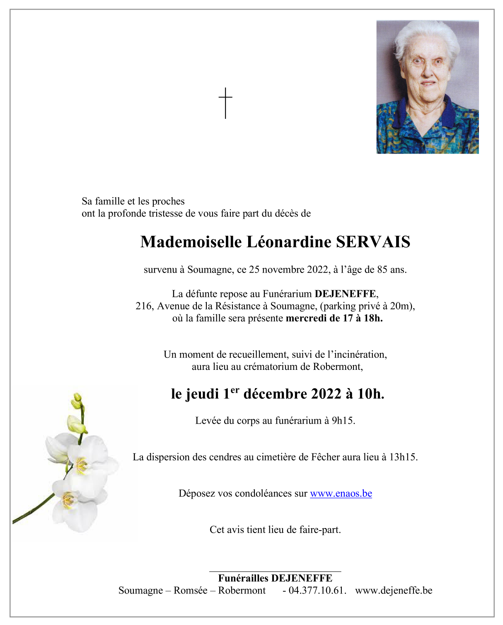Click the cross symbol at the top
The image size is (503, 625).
click(225, 103)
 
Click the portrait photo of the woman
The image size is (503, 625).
click(427, 87)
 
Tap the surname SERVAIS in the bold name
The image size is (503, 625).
click(373, 242)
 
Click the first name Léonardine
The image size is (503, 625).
click(289, 242)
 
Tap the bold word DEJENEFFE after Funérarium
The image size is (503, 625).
click(346, 294)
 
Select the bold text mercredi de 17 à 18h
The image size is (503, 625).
click(334, 319)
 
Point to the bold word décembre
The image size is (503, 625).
click(275, 394)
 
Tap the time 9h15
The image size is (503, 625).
click(343, 421)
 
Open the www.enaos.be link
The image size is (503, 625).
click(341, 494)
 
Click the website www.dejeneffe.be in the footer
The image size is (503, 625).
click(394, 591)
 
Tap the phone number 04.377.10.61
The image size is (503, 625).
click(317, 591)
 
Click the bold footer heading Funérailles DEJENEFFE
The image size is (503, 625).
click(275, 578)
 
